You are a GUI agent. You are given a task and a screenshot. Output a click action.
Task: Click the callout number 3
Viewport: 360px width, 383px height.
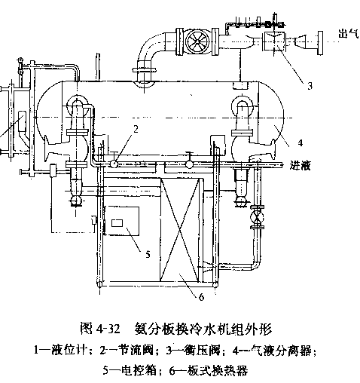(x=310, y=86)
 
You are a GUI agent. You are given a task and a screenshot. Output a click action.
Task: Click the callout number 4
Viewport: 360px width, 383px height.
(x=301, y=142)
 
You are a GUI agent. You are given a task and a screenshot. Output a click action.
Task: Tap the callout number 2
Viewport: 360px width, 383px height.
(x=136, y=129)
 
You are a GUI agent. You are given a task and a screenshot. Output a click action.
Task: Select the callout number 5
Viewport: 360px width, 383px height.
(x=148, y=254)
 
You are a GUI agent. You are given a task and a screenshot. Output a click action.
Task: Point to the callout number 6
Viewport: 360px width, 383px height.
(x=201, y=297)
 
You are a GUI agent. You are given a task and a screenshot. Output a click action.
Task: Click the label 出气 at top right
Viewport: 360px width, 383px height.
(x=349, y=33)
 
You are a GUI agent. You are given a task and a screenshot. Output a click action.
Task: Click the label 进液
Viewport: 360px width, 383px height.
(x=301, y=166)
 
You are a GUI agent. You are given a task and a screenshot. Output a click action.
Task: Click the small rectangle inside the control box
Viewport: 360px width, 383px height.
(x=117, y=223)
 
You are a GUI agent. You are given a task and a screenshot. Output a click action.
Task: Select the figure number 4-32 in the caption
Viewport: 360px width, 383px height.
(x=108, y=329)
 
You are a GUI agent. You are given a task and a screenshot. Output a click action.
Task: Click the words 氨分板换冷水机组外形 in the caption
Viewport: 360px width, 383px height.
(x=203, y=329)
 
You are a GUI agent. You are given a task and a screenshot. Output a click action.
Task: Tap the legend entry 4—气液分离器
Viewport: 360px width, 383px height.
(x=273, y=351)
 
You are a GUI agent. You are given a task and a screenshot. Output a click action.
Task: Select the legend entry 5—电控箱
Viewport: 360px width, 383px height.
(x=130, y=370)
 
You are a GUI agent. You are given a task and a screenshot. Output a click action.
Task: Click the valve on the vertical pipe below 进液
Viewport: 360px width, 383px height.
(x=258, y=217)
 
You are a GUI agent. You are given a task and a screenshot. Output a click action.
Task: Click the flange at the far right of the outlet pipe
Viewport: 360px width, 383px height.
(x=320, y=43)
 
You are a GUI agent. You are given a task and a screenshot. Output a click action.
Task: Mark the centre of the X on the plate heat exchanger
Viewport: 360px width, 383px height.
(x=179, y=230)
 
